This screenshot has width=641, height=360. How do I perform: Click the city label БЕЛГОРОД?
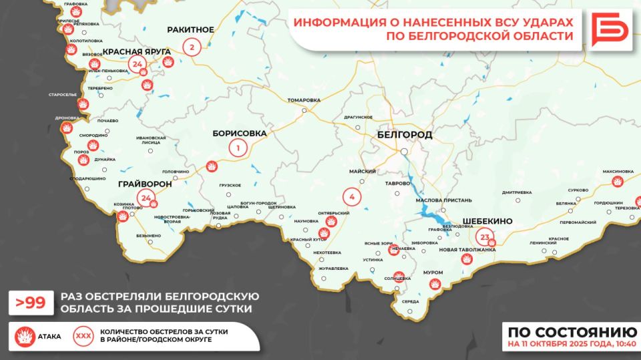[x=405, y=135]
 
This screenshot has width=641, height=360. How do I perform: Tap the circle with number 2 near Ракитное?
[x=192, y=47]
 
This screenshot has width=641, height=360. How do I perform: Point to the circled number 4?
[x=351, y=197]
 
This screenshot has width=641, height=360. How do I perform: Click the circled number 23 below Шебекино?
[x=485, y=237]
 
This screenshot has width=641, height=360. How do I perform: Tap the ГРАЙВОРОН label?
[x=144, y=184]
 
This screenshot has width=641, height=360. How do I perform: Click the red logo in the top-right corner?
[x=610, y=29]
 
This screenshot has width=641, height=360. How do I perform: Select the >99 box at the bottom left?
[x=30, y=303]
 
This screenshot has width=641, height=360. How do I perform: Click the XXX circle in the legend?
[x=84, y=335]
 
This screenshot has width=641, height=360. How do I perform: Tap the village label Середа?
[x=411, y=302]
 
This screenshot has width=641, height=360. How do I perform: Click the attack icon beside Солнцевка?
[x=399, y=276]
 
